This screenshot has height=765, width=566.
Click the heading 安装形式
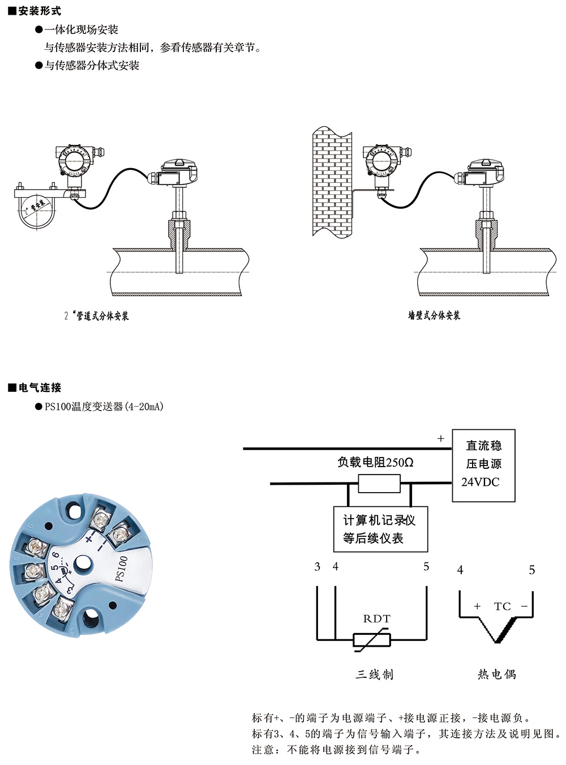(x=39, y=11)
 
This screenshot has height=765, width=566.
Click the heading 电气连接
(x=39, y=387)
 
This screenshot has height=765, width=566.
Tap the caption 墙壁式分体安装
(x=434, y=315)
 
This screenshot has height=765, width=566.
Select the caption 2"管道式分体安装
(x=96, y=316)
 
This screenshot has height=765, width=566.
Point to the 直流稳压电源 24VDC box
(x=483, y=464)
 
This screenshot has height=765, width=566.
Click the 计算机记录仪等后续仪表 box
(x=380, y=529)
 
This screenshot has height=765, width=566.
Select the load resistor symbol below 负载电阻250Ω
(x=379, y=484)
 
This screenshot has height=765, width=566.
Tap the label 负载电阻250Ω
(x=375, y=462)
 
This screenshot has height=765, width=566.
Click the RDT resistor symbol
(x=372, y=640)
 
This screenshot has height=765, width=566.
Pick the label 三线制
(x=375, y=674)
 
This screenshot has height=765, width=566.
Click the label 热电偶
(x=496, y=674)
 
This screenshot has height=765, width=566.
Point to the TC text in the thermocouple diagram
(x=502, y=606)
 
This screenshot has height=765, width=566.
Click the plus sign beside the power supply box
(x=441, y=438)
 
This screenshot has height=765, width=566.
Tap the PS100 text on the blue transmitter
(x=121, y=568)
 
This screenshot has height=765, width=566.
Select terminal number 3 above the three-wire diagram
(x=318, y=566)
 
